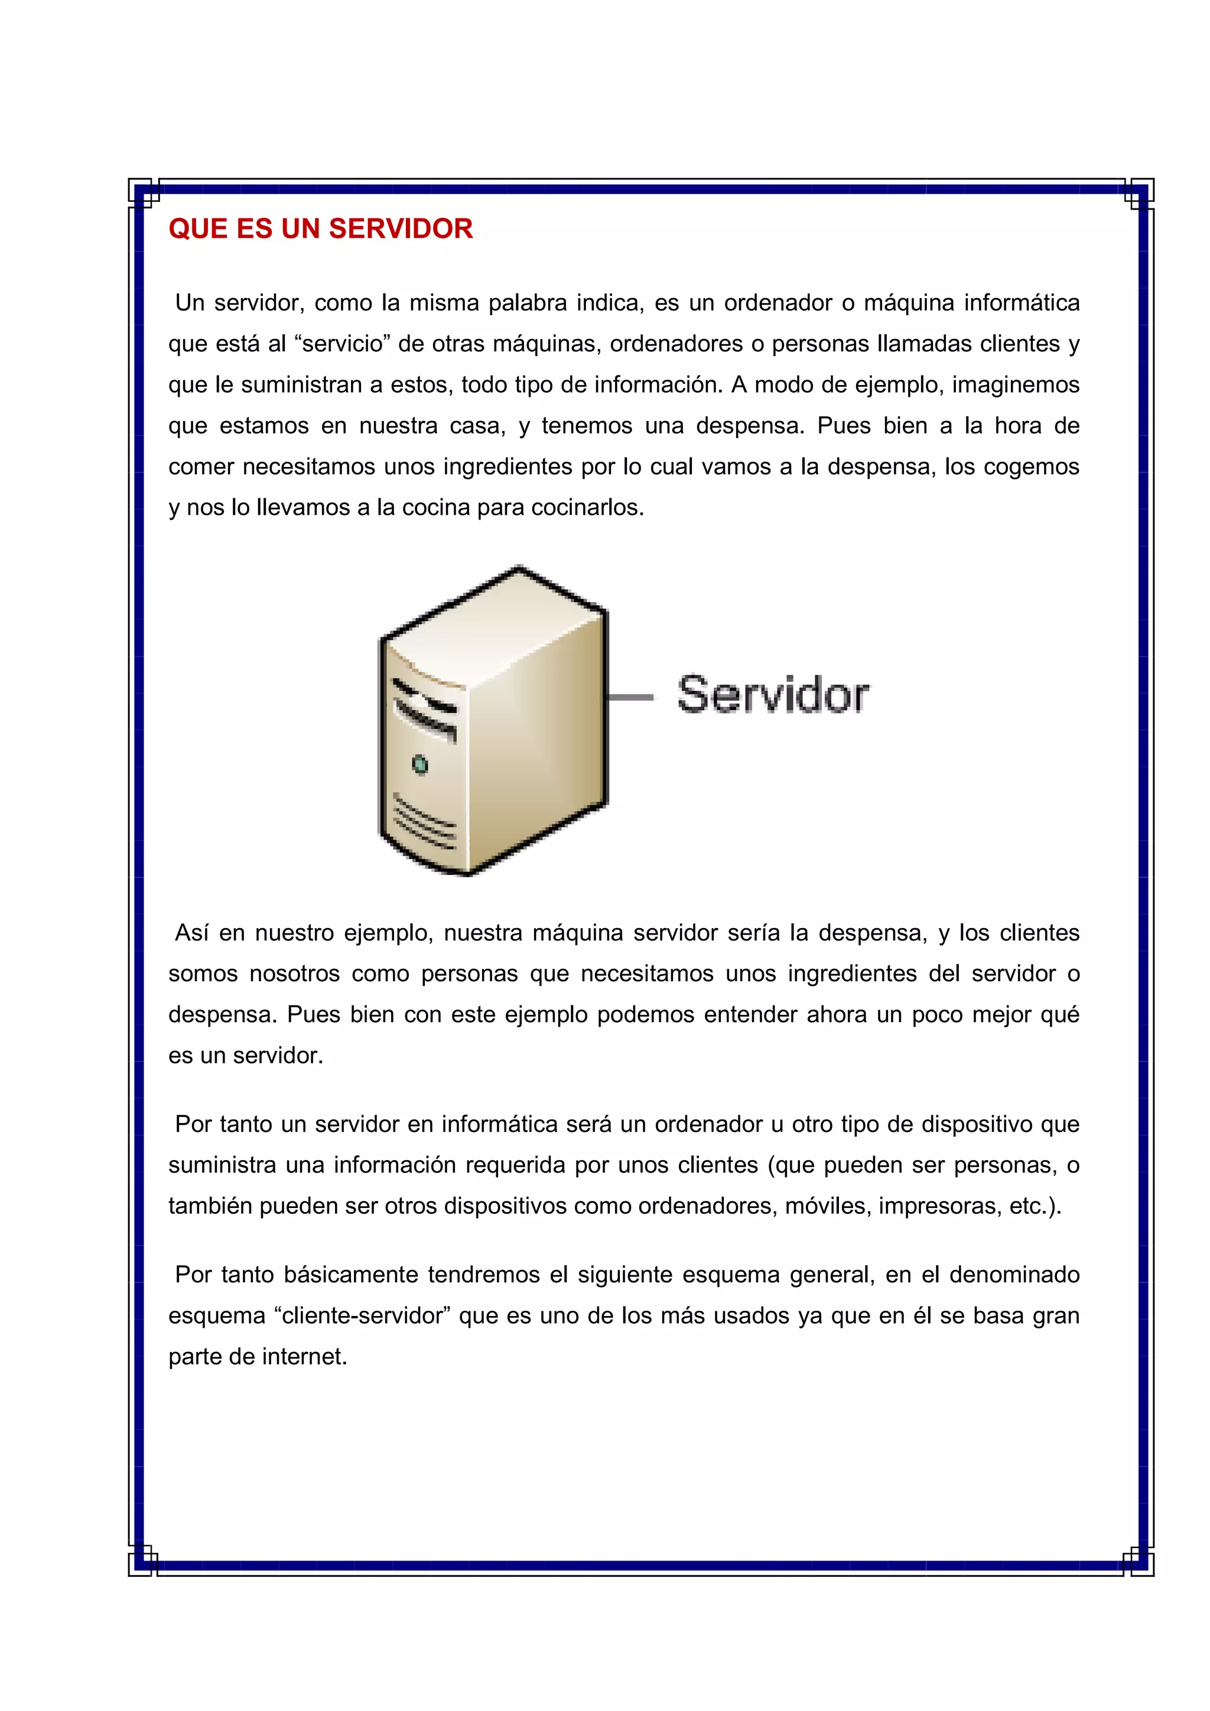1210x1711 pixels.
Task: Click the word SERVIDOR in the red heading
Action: [401, 228]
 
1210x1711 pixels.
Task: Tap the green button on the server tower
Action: [419, 765]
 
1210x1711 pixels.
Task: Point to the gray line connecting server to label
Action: [630, 697]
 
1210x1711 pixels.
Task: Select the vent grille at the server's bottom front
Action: [424, 824]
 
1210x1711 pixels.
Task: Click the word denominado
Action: [1014, 1274]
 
